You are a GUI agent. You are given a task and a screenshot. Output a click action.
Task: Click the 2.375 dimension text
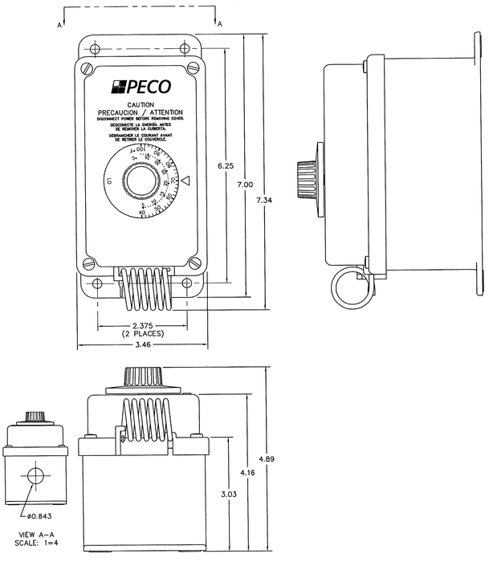point(142,324)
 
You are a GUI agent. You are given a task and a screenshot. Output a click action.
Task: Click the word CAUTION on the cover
point(141,104)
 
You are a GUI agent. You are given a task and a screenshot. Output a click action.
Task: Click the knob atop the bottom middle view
point(143,377)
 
